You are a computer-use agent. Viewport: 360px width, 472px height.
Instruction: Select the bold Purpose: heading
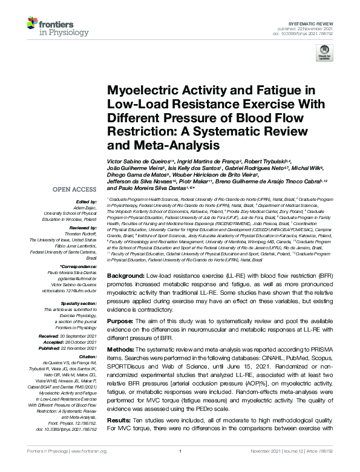(x=123, y=321)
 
